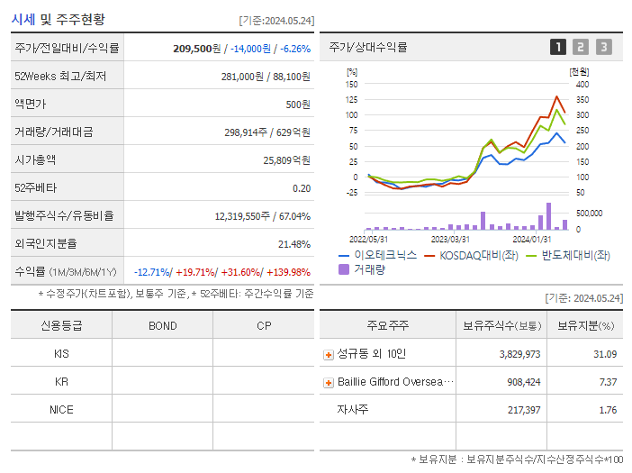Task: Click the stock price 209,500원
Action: coord(196,48)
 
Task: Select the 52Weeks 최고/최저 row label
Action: coord(60,77)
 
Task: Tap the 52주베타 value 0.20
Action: coord(302,188)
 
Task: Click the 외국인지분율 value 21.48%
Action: coord(293,244)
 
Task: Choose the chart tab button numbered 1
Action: coord(558,47)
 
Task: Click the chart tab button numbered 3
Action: coord(603,47)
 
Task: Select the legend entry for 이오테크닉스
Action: coord(377,255)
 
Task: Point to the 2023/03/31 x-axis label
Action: coord(450,239)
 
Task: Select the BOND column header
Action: coord(163,326)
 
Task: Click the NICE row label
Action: coord(61,410)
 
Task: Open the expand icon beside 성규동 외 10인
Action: coord(328,355)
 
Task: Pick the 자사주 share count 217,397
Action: coord(519,410)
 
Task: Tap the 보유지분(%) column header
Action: coord(585,326)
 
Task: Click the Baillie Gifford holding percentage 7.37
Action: coord(608,382)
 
